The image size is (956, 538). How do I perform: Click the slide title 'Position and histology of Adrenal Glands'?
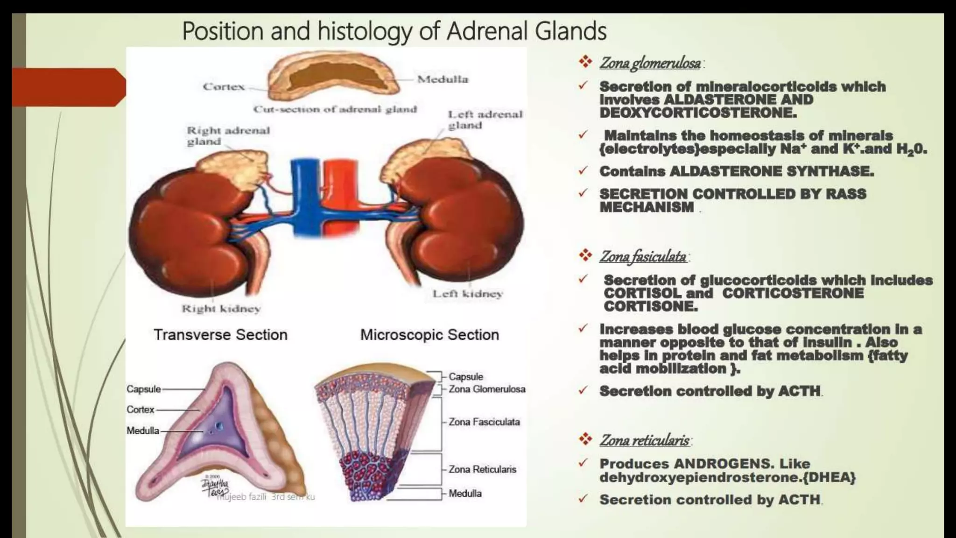(394, 31)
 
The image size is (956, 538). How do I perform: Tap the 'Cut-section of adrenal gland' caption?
(335, 109)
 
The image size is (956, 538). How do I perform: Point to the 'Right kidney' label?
(221, 309)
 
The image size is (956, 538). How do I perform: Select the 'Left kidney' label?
(467, 294)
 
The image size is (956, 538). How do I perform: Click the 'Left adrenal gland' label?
(485, 120)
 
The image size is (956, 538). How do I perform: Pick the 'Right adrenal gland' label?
(228, 135)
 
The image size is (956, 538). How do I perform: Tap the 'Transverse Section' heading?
(220, 334)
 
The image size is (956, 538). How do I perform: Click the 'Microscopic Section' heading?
(429, 334)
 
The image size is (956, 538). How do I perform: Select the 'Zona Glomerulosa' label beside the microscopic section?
(487, 389)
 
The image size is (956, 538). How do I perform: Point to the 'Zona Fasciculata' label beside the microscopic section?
(484, 422)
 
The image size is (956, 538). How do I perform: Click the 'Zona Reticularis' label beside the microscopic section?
(482, 469)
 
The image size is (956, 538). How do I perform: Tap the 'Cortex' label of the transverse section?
(140, 410)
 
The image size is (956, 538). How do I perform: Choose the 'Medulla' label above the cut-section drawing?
(443, 79)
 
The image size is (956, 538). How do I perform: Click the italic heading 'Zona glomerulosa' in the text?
(650, 63)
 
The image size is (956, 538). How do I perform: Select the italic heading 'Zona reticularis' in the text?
(644, 440)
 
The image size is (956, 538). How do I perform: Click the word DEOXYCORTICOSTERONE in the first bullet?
(698, 113)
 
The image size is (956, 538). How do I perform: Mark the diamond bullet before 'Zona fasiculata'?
(585, 255)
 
